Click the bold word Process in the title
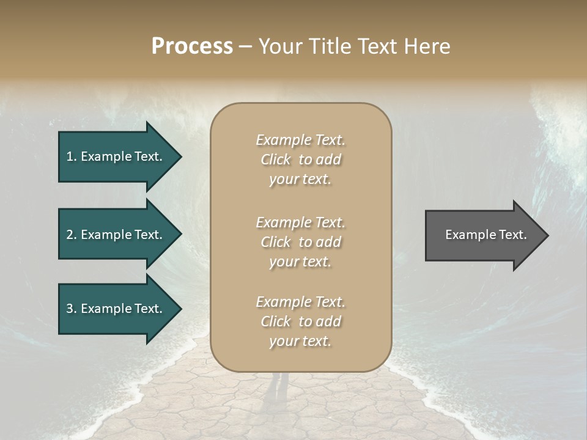[192, 46]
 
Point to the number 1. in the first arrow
[72, 156]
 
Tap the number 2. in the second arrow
[72, 235]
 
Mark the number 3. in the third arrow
[72, 309]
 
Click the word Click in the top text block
[276, 159]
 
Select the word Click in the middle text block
[276, 242]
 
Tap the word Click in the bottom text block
[276, 321]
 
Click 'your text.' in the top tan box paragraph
[300, 179]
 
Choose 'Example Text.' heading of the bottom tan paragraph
[300, 302]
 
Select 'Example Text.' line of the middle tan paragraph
[300, 222]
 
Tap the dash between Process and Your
[245, 47]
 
